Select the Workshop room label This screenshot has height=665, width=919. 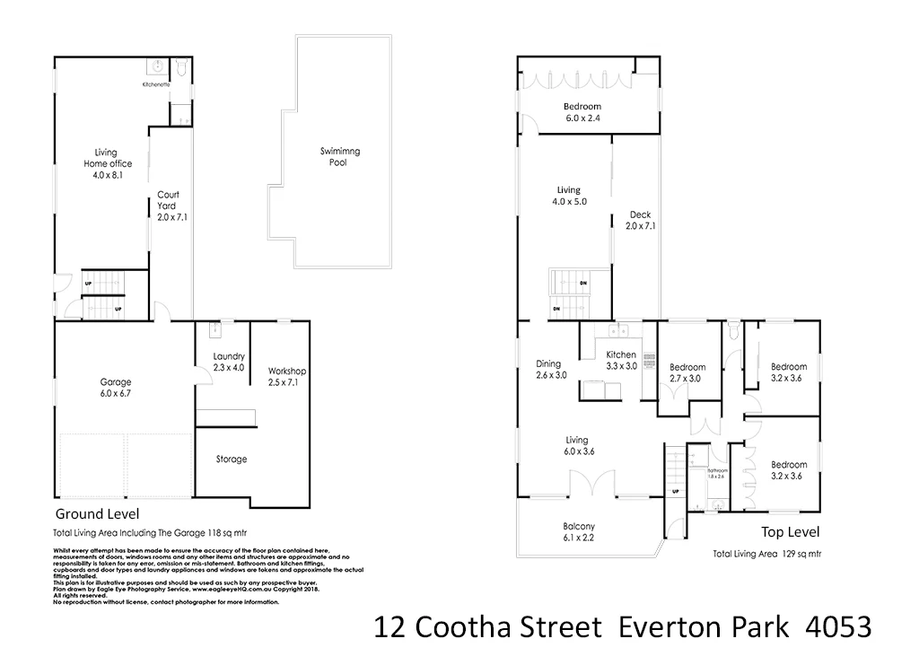click(x=287, y=376)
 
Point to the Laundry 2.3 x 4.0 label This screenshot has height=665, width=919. click(x=229, y=362)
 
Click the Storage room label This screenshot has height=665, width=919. click(x=231, y=459)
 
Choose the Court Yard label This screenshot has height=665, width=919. click(x=168, y=206)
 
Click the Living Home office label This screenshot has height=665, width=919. click(x=108, y=163)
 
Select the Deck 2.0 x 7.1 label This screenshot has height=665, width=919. click(x=640, y=220)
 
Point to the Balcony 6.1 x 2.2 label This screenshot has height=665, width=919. click(x=579, y=531)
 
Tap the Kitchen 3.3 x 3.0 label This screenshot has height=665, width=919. click(x=621, y=360)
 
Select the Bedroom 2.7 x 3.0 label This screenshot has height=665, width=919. click(x=687, y=372)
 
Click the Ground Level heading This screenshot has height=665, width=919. click(x=97, y=515)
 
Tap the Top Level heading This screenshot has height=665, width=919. click(x=790, y=531)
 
